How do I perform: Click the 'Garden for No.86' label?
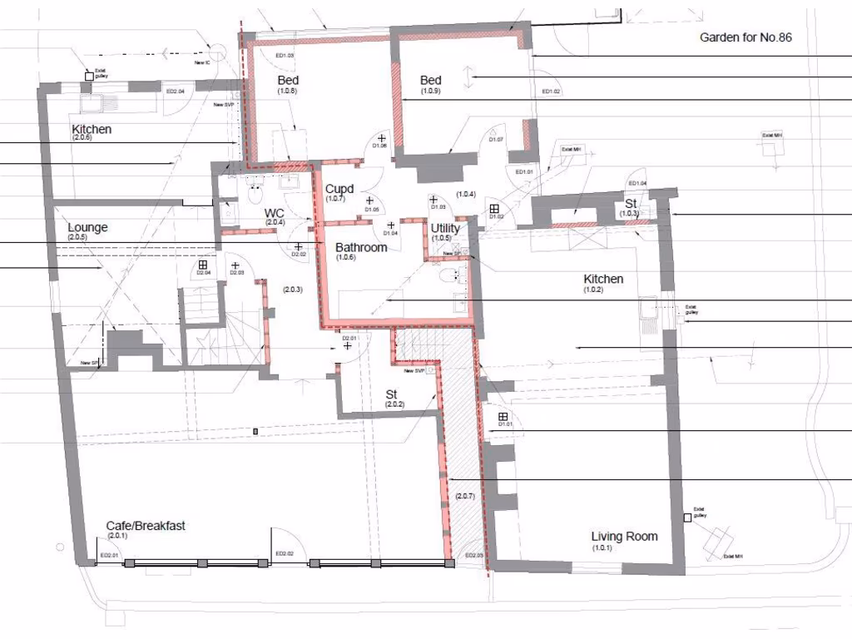745,37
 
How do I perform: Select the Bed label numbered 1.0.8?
288,81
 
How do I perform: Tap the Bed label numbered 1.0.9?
430,81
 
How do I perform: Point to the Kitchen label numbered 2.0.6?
91,130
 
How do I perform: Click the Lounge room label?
87,227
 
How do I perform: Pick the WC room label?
275,212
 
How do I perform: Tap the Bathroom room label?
361,248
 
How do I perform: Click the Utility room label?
445,228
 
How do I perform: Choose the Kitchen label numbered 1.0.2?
603,280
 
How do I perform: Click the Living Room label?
624,537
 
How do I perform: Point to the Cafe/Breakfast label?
146,526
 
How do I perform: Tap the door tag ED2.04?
175,91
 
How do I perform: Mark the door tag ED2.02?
284,553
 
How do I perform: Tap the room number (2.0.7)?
465,497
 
